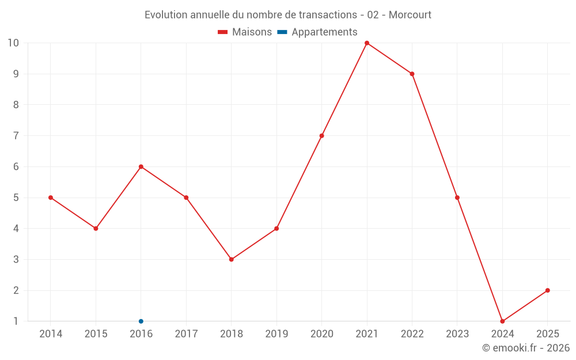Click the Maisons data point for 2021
[367, 43]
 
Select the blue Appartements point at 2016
[141, 321]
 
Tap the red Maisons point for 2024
[502, 321]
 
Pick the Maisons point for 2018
[232, 259]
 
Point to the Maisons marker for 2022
[412, 74]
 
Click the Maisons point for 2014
[51, 198]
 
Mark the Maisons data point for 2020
[322, 136]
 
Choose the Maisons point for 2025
[547, 290]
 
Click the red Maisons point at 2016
[141, 166]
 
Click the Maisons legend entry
[245, 32]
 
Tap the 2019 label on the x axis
[276, 334]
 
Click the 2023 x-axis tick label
[457, 334]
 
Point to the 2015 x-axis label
[96, 334]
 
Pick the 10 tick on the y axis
[13, 43]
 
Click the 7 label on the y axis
[16, 136]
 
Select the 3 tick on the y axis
[16, 259]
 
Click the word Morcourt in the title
[410, 14]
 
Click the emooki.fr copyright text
[526, 348]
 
